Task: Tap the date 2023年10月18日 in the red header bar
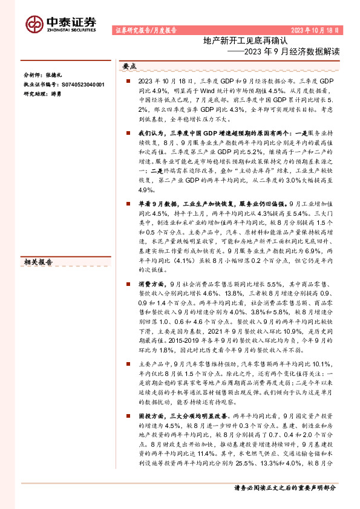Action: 315,30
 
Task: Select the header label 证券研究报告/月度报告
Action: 145,30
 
